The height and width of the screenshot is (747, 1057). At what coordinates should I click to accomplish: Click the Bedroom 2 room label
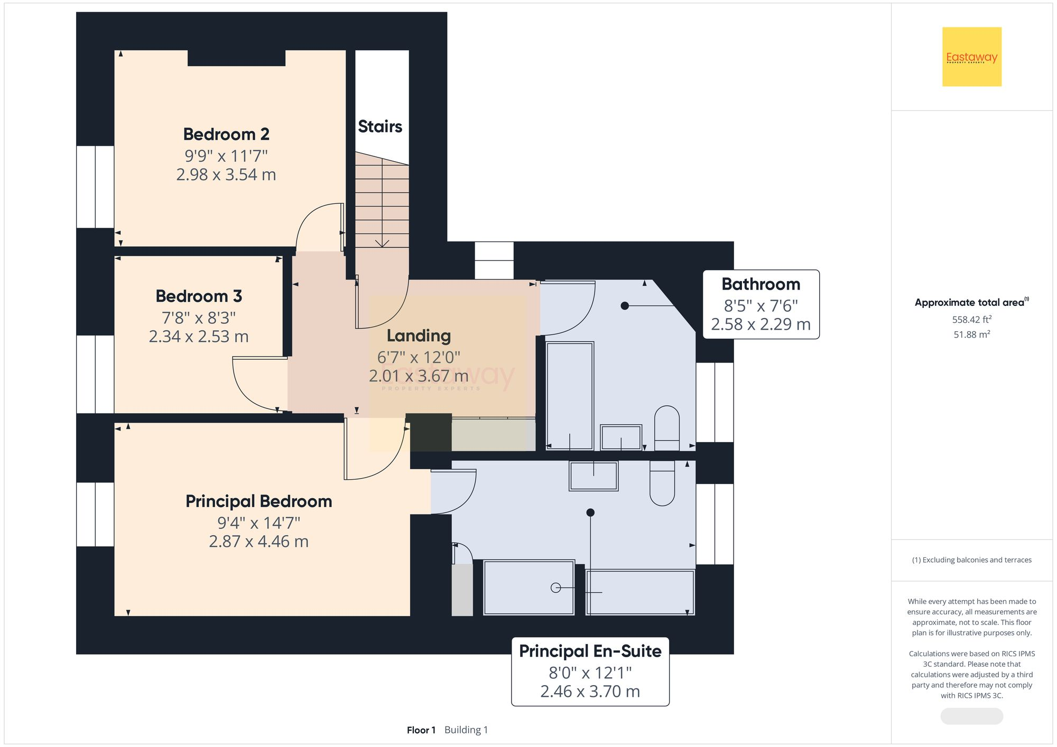pyautogui.click(x=226, y=134)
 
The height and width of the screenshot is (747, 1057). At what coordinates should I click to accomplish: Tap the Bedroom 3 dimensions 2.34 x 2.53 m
pyautogui.click(x=199, y=337)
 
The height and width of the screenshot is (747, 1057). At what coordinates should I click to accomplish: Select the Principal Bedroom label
pyautogui.click(x=259, y=501)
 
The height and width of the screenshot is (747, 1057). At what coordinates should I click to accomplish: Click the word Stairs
pyautogui.click(x=380, y=126)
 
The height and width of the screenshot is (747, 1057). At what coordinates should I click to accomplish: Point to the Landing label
pyautogui.click(x=419, y=336)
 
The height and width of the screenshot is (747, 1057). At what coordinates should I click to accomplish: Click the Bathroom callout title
pyautogui.click(x=761, y=284)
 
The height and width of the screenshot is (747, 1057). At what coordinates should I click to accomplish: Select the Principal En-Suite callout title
pyautogui.click(x=590, y=651)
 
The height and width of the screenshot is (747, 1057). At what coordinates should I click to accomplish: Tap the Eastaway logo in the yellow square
pyautogui.click(x=972, y=57)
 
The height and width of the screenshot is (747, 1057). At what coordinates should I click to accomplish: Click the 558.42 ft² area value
pyautogui.click(x=972, y=319)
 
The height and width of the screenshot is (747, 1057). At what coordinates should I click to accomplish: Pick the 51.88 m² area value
pyautogui.click(x=972, y=334)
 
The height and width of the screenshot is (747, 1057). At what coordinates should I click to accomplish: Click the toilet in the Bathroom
pyautogui.click(x=667, y=428)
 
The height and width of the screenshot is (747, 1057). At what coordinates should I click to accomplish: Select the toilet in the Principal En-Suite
pyautogui.click(x=662, y=483)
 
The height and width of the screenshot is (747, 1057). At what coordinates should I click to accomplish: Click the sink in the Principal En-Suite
pyautogui.click(x=594, y=475)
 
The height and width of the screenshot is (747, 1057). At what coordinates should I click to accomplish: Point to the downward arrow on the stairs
pyautogui.click(x=382, y=243)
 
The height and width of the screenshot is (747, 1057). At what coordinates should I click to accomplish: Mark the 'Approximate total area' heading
pyautogui.click(x=972, y=302)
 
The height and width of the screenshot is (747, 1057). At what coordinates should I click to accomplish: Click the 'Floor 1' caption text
pyautogui.click(x=421, y=730)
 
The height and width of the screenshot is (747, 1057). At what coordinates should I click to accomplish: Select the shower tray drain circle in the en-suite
pyautogui.click(x=555, y=587)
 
